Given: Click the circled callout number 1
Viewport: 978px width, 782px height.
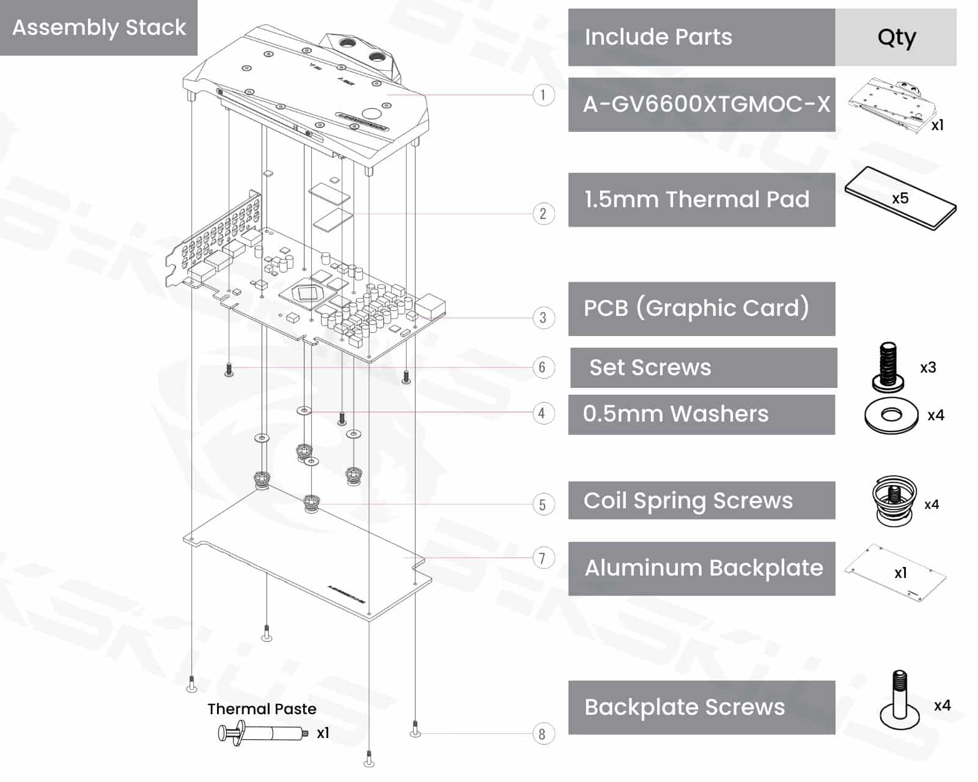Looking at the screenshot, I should coord(543,95).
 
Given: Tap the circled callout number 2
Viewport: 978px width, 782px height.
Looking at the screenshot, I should coord(543,214).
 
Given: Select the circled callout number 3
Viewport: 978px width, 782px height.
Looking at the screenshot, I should coord(543,318).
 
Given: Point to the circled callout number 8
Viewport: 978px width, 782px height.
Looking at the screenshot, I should coord(542,734).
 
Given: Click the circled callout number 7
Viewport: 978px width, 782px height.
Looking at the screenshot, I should coord(542,558).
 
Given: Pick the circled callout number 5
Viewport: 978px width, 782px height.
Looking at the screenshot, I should coord(542,505).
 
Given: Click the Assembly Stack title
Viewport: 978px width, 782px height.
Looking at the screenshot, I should coord(99,27).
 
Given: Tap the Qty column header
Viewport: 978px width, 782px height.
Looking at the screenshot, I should coord(896,37).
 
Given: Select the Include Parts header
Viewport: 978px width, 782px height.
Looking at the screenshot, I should coord(658,37).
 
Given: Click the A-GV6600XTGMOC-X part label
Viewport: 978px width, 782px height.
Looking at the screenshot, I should coord(706,104).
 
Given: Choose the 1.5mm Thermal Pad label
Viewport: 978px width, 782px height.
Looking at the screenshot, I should coord(697,200).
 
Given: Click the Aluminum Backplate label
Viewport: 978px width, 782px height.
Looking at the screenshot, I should coord(704,568).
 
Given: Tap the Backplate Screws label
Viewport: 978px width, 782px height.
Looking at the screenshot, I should coord(684,707).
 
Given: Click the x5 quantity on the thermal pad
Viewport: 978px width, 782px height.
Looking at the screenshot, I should coord(900,199).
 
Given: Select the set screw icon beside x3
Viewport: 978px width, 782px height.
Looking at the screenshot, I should coord(888,367).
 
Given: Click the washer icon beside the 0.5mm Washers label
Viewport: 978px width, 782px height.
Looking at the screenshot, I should coord(891,415).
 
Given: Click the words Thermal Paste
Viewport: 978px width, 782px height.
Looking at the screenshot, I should coord(262,709).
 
